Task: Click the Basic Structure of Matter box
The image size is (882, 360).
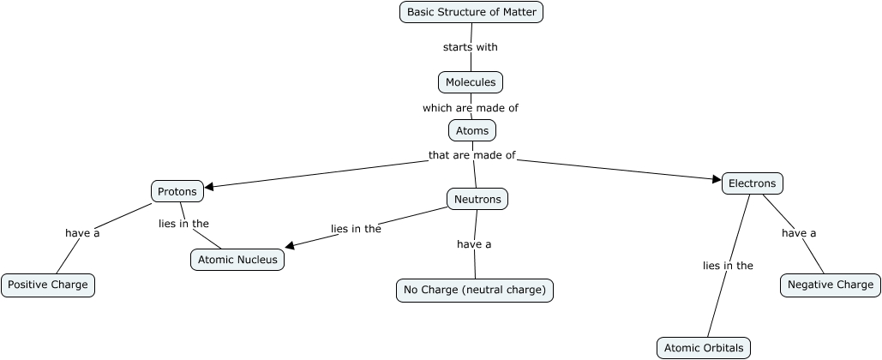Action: point(471,12)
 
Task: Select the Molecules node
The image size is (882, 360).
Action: point(471,82)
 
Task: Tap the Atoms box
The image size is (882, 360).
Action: point(472,130)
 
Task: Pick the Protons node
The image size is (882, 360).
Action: point(178,191)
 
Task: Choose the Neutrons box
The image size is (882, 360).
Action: point(477,199)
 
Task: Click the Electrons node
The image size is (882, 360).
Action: point(753,183)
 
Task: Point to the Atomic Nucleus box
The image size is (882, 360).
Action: point(237,260)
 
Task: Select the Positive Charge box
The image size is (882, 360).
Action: point(48,285)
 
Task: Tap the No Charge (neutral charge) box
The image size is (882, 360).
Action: point(475,290)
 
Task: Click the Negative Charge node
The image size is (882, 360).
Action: point(830,285)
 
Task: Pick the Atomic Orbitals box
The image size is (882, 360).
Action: point(704,347)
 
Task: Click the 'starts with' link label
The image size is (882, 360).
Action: point(471,47)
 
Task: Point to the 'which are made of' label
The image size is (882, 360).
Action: point(471,108)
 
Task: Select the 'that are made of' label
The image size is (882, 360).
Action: point(472,155)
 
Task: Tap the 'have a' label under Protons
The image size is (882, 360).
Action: point(82,233)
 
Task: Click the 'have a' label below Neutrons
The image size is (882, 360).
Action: point(474,244)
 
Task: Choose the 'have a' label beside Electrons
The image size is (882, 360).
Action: point(799,233)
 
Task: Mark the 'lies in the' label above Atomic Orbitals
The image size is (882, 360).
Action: point(728,266)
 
